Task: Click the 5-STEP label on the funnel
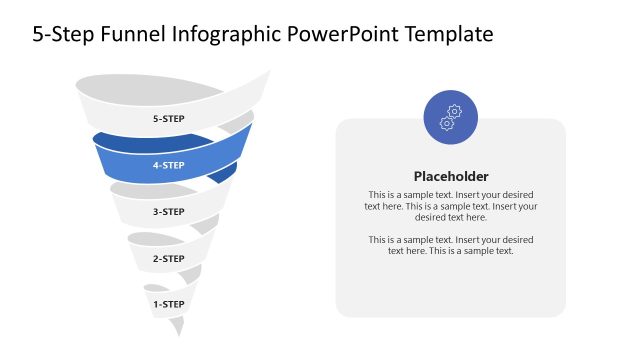point(168,119)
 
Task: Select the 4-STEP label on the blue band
point(168,165)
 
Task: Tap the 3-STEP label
point(168,212)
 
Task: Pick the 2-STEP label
point(168,259)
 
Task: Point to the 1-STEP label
point(168,302)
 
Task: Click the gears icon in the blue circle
point(451,117)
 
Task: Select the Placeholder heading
point(451,175)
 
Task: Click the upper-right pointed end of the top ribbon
point(268,73)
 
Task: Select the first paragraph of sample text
point(451,205)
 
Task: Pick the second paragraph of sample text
point(451,245)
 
